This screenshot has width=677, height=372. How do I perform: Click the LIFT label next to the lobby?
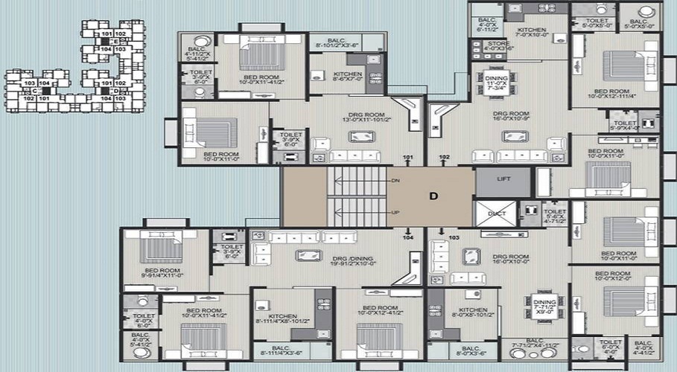coord(503,179)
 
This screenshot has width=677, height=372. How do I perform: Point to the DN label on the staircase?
coord(394,181)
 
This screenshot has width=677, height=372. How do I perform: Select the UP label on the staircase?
coord(394,212)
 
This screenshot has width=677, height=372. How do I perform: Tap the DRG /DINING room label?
coord(350,258)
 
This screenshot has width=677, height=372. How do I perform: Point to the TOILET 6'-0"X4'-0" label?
coord(609,345)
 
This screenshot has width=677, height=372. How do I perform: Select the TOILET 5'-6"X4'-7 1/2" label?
coord(555,216)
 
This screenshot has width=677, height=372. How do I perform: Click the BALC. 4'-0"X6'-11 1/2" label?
coord(487,25)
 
